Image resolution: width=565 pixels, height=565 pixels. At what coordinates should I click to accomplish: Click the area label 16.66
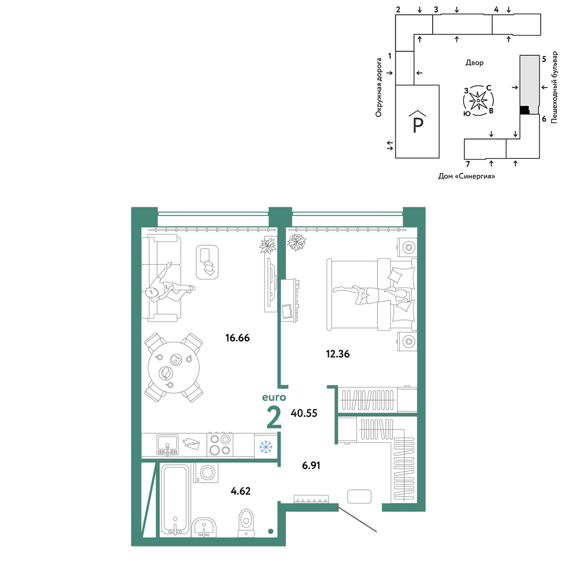pyautogui.click(x=237, y=338)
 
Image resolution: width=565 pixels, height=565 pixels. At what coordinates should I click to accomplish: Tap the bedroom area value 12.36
pyautogui.click(x=338, y=354)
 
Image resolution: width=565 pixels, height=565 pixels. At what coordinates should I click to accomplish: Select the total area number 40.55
pyautogui.click(x=304, y=413)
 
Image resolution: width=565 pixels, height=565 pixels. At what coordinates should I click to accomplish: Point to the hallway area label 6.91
pyautogui.click(x=311, y=465)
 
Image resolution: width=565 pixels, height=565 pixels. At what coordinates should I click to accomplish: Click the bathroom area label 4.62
pyautogui.click(x=240, y=491)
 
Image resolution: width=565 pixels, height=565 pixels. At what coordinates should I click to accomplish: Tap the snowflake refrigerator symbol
pyautogui.click(x=266, y=447)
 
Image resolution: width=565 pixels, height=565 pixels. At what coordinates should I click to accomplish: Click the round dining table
pyautogui.click(x=173, y=368)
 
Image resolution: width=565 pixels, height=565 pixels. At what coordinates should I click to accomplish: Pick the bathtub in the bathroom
pyautogui.click(x=175, y=499)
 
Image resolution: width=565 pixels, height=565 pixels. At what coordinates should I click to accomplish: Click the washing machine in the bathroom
pyautogui.click(x=206, y=472)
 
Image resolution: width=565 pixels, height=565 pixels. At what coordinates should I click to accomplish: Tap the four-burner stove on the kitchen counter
pyautogui.click(x=220, y=445)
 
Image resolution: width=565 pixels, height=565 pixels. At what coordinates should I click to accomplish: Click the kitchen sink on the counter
pyautogui.click(x=167, y=445)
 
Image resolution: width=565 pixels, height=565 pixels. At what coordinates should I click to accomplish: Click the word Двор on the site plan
pyautogui.click(x=474, y=63)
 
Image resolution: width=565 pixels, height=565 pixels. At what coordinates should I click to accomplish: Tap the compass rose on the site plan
pyautogui.click(x=478, y=101)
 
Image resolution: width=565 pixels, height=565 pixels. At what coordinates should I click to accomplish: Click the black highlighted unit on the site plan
pyautogui.click(x=525, y=110)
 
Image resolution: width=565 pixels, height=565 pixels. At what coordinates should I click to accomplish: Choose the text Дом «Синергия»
pyautogui.click(x=466, y=176)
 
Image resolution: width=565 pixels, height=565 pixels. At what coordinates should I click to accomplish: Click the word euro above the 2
pyautogui.click(x=274, y=397)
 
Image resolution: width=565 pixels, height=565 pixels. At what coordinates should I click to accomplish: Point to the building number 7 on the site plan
pyautogui.click(x=468, y=164)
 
